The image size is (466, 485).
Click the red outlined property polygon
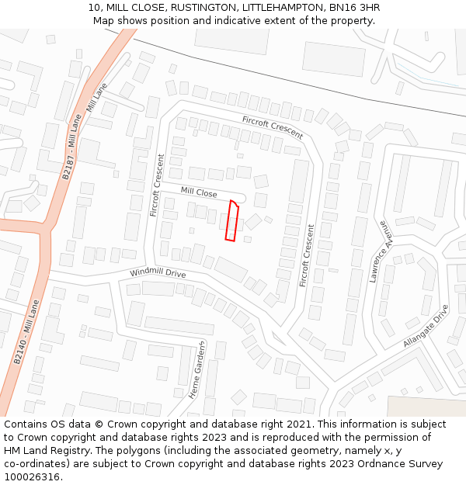[x=231, y=221]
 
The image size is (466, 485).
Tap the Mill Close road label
[x=199, y=192]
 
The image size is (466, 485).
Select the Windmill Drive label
[x=158, y=273]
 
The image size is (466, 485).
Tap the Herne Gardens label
[x=196, y=369]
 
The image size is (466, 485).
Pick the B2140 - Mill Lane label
[x=26, y=332]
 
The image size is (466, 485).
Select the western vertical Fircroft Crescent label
[x=158, y=185]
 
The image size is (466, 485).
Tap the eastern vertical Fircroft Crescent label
[x=307, y=253]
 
